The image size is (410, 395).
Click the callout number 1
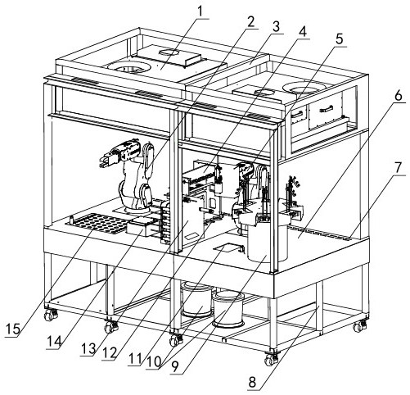coord(200,11)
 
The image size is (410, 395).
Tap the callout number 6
coord(398,96)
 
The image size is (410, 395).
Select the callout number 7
coord(398,168)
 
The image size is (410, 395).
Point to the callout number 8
coord(252,382)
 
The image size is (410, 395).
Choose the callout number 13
coord(88,349)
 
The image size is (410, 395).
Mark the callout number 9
coord(174,367)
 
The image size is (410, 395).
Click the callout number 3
coord(276,27)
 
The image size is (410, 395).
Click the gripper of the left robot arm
coord(107,160)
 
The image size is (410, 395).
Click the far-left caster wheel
coord(51,315)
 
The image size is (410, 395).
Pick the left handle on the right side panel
coord(297,114)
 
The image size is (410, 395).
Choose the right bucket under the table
coord(228,310)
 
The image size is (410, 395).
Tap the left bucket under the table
coord(196,300)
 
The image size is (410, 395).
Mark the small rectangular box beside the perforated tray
coord(140,228)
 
